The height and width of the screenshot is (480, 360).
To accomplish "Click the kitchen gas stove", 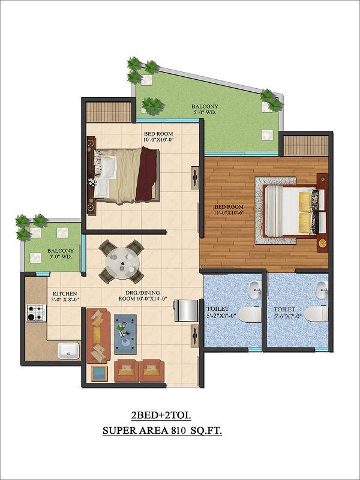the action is coord(37,313).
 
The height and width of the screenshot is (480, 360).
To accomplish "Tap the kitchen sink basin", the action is coord(68,351).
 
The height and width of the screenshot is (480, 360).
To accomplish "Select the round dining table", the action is coord(122,263).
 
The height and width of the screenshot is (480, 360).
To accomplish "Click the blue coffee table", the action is coord(125,334).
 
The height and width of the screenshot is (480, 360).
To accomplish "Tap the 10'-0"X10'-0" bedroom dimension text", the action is coord(158,140).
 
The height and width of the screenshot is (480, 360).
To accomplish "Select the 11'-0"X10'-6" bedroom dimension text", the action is coord(230,212).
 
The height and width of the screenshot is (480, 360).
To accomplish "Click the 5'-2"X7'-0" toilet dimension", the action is coord(220,316).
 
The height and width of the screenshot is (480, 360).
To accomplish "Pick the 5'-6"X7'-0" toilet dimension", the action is coord(287,316).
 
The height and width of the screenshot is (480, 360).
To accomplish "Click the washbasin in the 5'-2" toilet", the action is coord(254,290).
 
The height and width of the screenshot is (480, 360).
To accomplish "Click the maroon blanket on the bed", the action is coord(146,174).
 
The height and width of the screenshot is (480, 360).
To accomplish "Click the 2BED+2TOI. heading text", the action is coord(161,415).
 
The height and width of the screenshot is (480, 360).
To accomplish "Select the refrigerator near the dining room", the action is coord(186,311).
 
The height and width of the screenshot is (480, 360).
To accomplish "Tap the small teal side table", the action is coord(99,373).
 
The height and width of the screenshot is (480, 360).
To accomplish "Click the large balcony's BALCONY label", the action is coord(205,107).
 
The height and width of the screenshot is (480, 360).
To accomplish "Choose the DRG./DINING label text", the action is coord(143,293).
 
